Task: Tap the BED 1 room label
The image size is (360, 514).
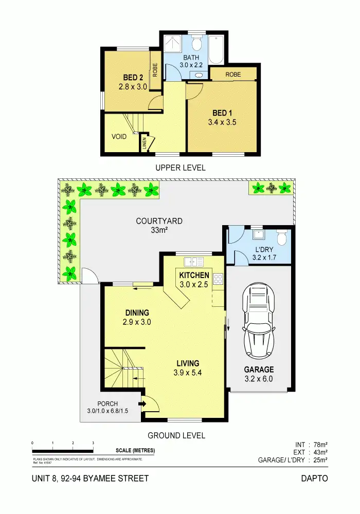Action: point(222,113)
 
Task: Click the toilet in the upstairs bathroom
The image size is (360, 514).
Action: point(196,43)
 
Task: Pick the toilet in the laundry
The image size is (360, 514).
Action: point(281,238)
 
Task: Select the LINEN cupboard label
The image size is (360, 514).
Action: point(145,144)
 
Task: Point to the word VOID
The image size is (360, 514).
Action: point(119,137)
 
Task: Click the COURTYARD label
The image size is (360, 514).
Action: point(159,222)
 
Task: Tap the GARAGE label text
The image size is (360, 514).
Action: point(258,370)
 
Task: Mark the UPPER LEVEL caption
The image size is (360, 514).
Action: point(180,168)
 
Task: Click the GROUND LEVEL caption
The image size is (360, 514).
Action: point(176,435)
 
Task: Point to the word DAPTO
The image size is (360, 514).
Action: point(314,479)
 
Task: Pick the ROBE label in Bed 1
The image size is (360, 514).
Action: point(232,74)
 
